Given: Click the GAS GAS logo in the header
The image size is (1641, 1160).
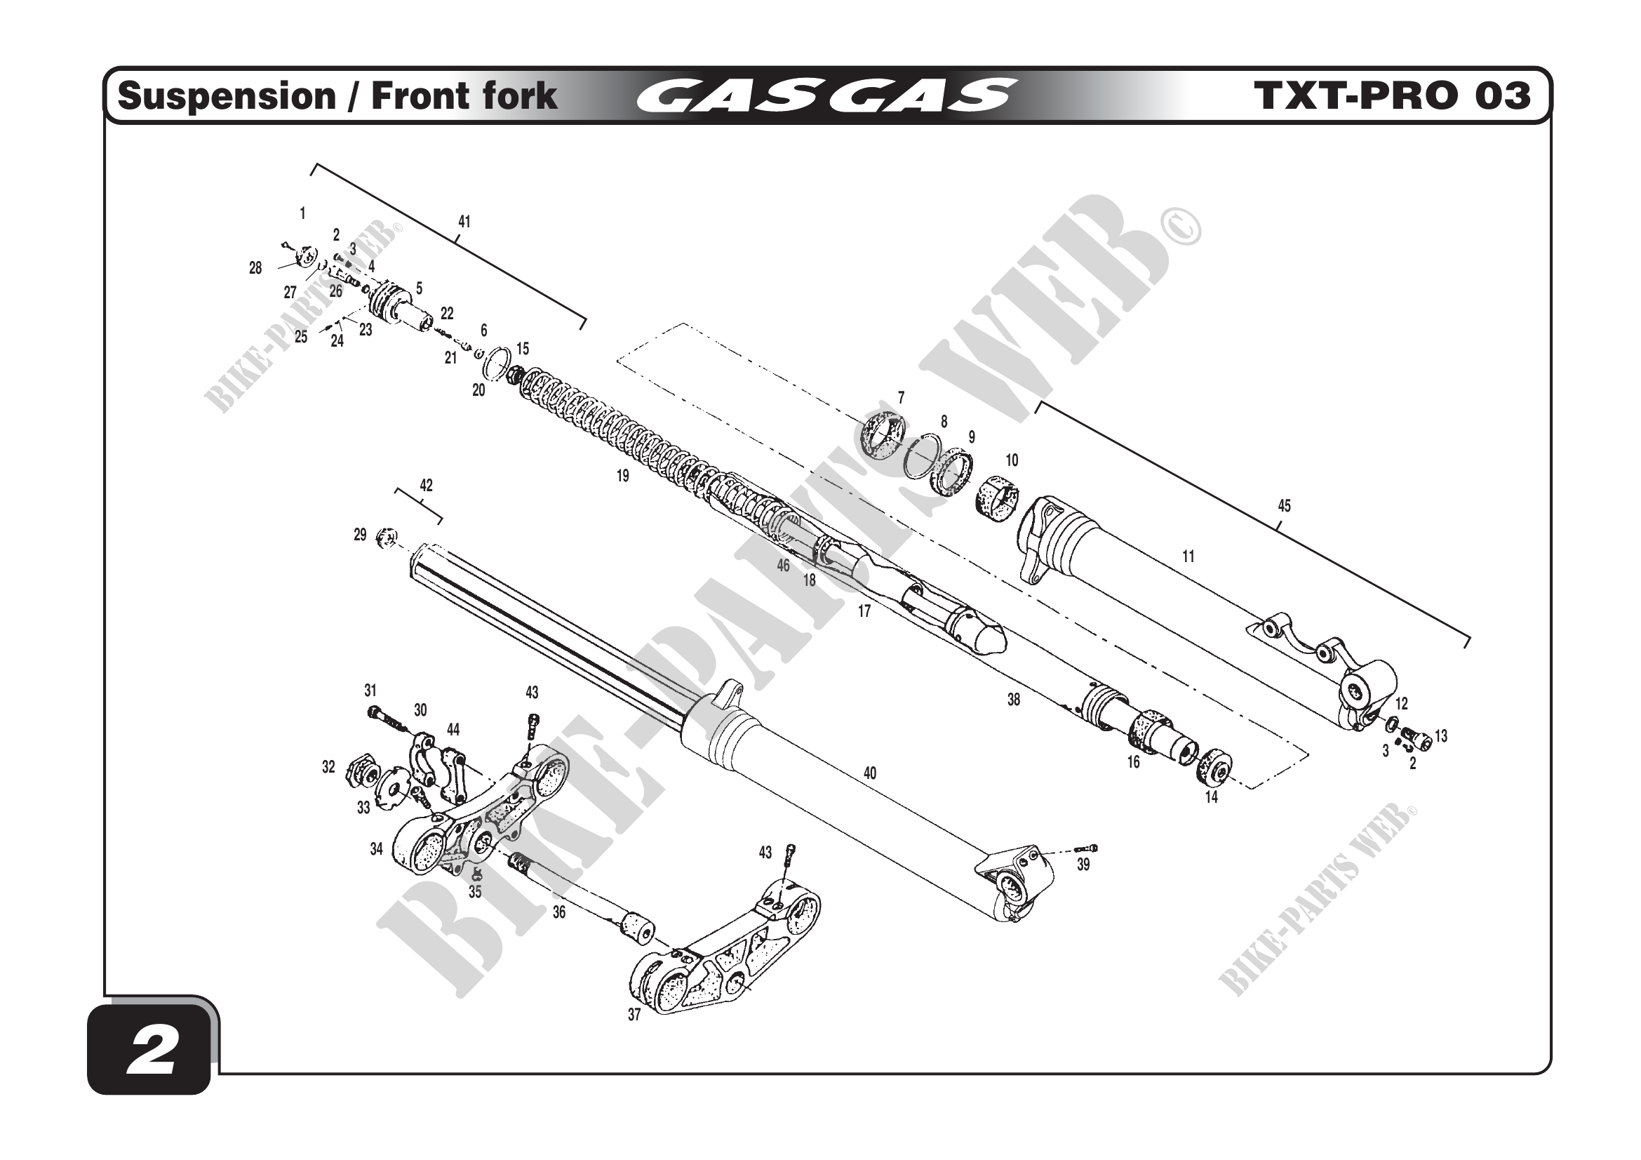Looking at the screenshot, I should click(x=825, y=96).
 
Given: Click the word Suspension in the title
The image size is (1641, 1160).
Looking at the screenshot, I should click(x=227, y=96).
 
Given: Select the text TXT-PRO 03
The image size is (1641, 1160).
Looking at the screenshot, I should click(x=1391, y=96).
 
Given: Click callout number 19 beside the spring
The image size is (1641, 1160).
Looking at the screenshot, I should click(x=622, y=476).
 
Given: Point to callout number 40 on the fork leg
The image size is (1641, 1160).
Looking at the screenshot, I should click(x=870, y=773).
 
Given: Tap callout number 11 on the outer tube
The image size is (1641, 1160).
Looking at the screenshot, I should click(x=1188, y=556).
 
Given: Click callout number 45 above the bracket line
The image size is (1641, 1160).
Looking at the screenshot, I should click(x=1285, y=506).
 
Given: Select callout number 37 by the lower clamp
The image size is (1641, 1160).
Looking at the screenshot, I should click(x=634, y=1015).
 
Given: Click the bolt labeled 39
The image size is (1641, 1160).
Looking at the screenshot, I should click(x=1086, y=848).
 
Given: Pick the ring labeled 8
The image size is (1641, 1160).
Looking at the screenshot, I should click(x=920, y=457).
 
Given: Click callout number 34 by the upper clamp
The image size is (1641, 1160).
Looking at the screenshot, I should click(x=377, y=849).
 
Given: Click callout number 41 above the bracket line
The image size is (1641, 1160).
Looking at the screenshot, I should click(x=464, y=222).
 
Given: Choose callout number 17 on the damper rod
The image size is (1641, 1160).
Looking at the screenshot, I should click(x=864, y=611).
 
